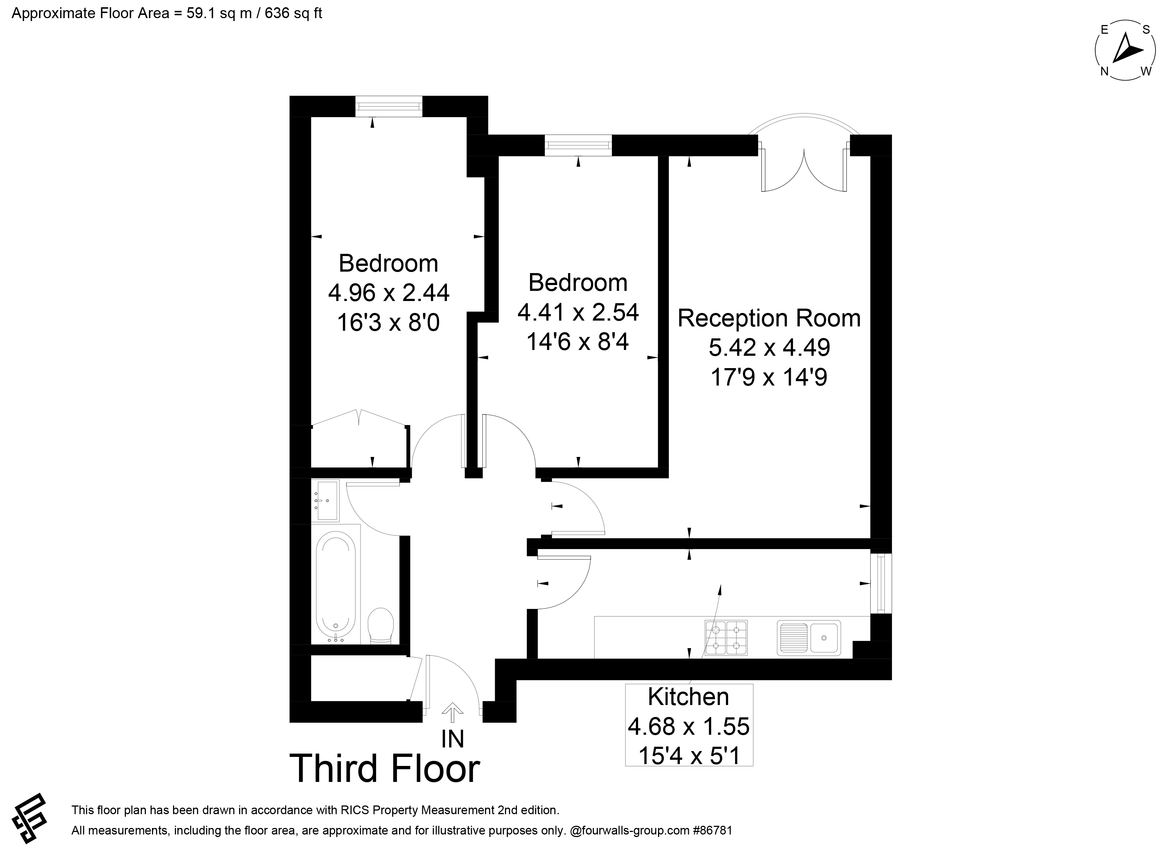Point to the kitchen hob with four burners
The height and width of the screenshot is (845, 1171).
(726, 638)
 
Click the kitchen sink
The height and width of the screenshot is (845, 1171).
(809, 638)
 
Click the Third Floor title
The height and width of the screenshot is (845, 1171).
(385, 768)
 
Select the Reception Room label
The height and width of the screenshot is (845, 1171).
(769, 318)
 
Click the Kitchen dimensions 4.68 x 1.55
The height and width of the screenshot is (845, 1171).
(689, 726)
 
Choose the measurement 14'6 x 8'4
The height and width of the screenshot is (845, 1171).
(578, 341)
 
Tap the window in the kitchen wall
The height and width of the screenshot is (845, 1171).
(881, 584)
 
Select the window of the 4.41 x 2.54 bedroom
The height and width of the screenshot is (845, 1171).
(578, 145)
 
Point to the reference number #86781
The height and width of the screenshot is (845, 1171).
(712, 830)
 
